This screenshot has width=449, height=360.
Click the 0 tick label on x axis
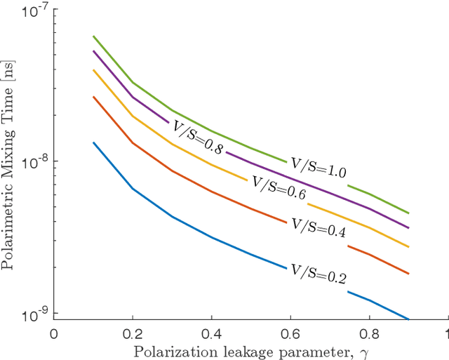pyautogui.click(x=54, y=333)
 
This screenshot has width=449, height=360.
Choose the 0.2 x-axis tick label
pyautogui.click(x=133, y=333)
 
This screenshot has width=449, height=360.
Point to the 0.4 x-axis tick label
pyautogui.click(x=211, y=333)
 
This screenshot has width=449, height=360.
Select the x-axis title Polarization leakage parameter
pyautogui.click(x=243, y=349)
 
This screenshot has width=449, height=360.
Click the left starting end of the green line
pyautogui.click(x=94, y=36)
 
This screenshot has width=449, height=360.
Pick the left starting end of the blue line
pyautogui.click(x=94, y=142)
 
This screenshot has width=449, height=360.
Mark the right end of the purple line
pyautogui.click(x=408, y=227)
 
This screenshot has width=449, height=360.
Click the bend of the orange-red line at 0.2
pyautogui.click(x=133, y=142)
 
